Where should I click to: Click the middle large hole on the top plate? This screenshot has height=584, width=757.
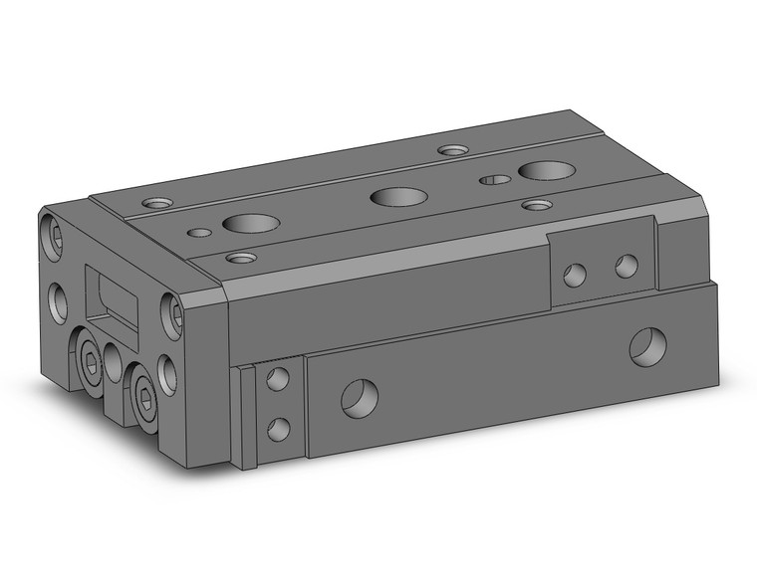pos(392,196)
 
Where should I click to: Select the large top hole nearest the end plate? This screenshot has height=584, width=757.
pos(243,223)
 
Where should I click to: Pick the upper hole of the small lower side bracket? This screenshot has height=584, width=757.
pos(278,378)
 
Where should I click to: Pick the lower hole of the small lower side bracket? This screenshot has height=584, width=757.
pos(279,429)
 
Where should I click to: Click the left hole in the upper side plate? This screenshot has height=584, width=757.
pos(574,275)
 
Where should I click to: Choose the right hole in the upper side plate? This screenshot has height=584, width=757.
pos(626,266)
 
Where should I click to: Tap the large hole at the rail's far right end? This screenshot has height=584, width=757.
pos(646,345)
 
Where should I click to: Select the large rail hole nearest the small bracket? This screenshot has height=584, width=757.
pos(357,398)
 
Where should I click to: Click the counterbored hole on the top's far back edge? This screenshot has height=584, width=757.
pos(453,151)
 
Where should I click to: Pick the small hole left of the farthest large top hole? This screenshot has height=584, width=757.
pos(492,180)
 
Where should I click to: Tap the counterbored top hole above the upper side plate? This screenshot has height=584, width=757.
pos(537,205)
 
